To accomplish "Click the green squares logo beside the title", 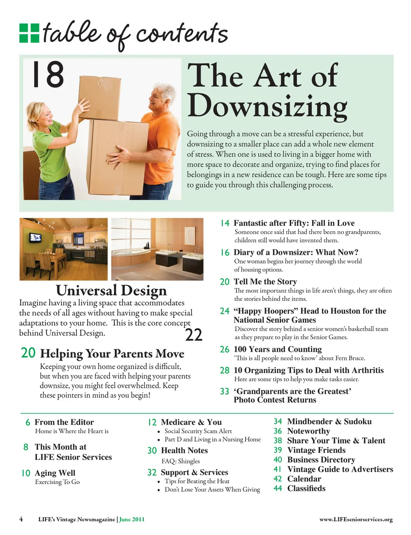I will [x=29, y=33].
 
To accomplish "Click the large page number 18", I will [x=48, y=74].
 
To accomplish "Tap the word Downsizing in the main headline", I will [x=267, y=106].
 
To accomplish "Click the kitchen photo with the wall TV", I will [x=63, y=249].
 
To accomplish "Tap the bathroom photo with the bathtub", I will [x=157, y=249].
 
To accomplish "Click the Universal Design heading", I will [x=111, y=291].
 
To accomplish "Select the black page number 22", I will [x=194, y=335].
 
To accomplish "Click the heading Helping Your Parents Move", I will [x=112, y=354].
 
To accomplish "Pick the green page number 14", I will [x=225, y=223].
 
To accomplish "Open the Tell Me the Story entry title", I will [x=265, y=282].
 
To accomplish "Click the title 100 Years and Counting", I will [x=277, y=349].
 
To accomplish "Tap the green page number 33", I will [x=225, y=392].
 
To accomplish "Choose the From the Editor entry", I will [x=64, y=422].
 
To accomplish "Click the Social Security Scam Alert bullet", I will [x=198, y=431].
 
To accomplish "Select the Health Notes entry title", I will [x=184, y=451].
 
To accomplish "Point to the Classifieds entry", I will [x=306, y=488].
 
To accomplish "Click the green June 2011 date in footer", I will [x=132, y=520].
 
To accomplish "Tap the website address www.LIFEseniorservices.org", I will [x=356, y=520].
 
